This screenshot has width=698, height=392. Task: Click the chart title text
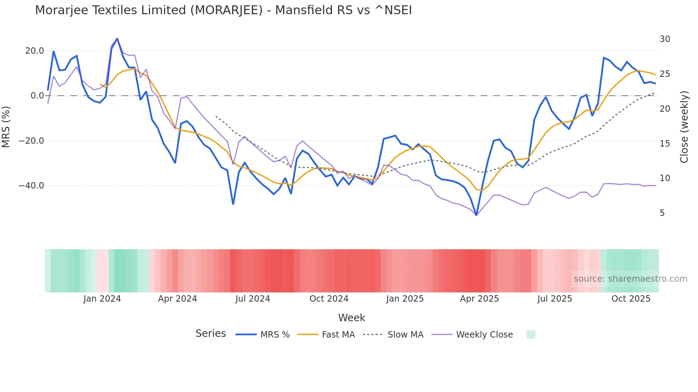pos(223,10)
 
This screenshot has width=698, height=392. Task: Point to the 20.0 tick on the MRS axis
pos(35,51)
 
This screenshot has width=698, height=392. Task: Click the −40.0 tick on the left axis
pos(31,186)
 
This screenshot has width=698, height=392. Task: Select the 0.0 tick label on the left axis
pos(37,96)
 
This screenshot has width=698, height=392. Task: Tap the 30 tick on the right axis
pos(665,39)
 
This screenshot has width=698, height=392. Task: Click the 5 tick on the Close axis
pos(662,213)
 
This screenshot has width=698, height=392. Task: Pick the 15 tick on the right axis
pos(665,144)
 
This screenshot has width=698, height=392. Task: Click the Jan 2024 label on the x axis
pos(102,299)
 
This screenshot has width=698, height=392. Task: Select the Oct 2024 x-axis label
pos(329,299)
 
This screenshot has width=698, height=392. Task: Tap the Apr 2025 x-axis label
pos(479,299)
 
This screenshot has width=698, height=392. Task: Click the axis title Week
pos(351,318)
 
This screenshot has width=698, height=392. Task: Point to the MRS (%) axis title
pos(6,127)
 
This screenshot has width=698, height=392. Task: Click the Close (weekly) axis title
pos(684,127)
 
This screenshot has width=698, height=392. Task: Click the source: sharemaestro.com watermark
pos(630,279)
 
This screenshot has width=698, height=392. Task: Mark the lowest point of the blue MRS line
pos(476,215)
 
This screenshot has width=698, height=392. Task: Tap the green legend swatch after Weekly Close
pos(531,334)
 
